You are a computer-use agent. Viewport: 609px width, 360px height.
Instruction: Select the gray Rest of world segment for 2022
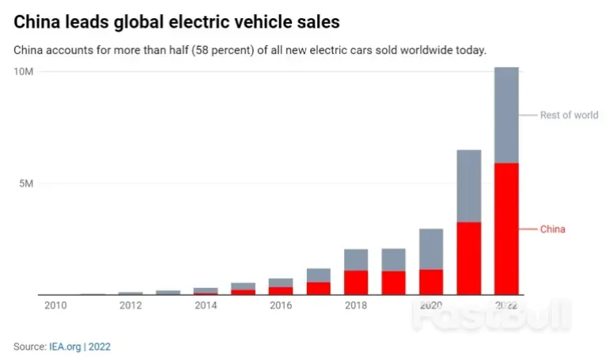(x=506, y=116)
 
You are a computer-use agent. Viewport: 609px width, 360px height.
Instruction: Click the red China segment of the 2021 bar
(x=468, y=258)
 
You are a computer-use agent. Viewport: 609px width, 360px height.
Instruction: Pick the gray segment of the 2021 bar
(x=468, y=186)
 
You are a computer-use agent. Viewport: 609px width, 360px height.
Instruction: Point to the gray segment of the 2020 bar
(x=431, y=249)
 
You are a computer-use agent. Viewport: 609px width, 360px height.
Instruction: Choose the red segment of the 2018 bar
(x=356, y=282)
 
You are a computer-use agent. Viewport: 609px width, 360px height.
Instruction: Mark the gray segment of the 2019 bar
(x=393, y=260)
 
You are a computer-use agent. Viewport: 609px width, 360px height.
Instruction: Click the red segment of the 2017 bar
(x=318, y=288)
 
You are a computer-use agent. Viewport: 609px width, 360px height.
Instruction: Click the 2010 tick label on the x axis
(x=55, y=305)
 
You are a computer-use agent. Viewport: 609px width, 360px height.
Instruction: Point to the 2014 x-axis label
(x=206, y=305)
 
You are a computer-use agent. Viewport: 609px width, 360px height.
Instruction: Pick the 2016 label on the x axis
(x=280, y=305)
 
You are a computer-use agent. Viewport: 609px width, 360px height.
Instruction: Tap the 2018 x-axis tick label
(x=356, y=305)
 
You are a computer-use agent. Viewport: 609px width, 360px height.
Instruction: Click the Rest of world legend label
(x=569, y=116)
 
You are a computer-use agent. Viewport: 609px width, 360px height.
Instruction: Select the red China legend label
(x=553, y=229)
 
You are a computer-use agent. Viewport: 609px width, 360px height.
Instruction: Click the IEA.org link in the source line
(x=65, y=347)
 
